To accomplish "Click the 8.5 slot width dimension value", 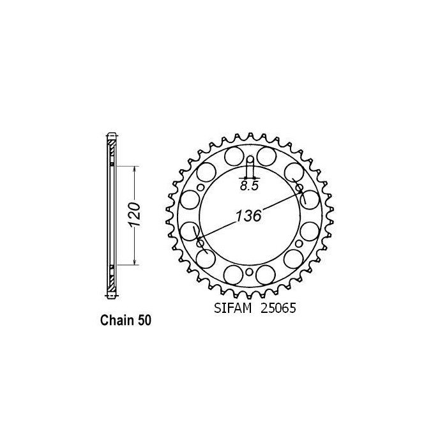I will coord(250,186).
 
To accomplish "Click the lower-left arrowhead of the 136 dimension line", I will coord(201,243).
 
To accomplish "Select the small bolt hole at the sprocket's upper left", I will coord(201,188).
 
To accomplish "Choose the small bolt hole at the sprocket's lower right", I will coord(299,245).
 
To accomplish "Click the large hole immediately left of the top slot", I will coord(234,156).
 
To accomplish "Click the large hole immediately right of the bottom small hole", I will coord(266,275).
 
